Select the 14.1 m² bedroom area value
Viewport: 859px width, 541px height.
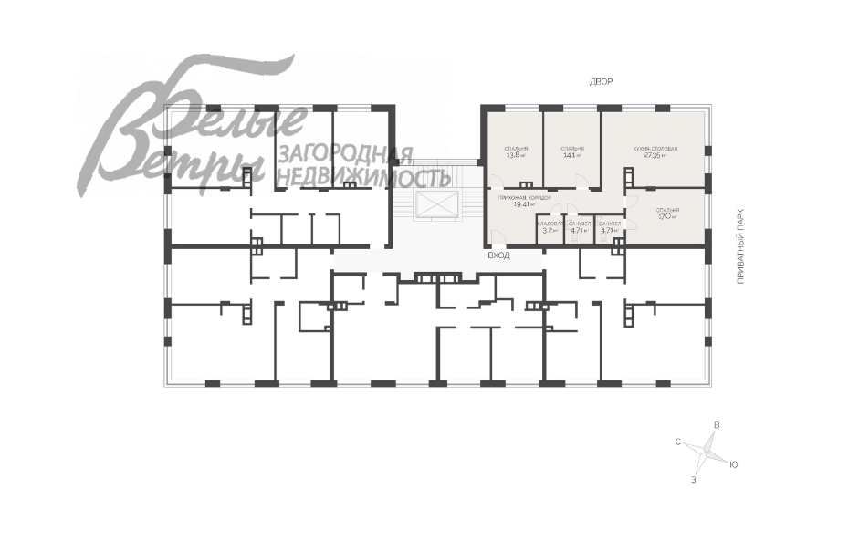pyautogui.click(x=572, y=155)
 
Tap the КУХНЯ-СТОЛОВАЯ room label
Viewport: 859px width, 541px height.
pyautogui.click(x=655, y=148)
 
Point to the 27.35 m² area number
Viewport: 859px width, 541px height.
pyautogui.click(x=655, y=155)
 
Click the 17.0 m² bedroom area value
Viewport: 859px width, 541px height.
pyautogui.click(x=667, y=217)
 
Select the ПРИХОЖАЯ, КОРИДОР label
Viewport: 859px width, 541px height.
pyautogui.click(x=525, y=197)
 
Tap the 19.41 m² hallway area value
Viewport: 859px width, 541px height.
pyautogui.click(x=523, y=204)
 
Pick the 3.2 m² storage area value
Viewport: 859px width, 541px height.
pyautogui.click(x=550, y=231)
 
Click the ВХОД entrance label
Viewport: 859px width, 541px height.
pyautogui.click(x=498, y=256)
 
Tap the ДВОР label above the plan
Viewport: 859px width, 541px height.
pyautogui.click(x=601, y=82)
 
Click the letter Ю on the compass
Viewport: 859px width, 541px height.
pyautogui.click(x=733, y=464)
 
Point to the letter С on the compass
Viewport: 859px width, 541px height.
pyautogui.click(x=678, y=442)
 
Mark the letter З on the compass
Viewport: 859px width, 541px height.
pyautogui.click(x=695, y=479)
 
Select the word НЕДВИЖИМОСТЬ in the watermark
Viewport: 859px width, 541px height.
pyautogui.click(x=362, y=176)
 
